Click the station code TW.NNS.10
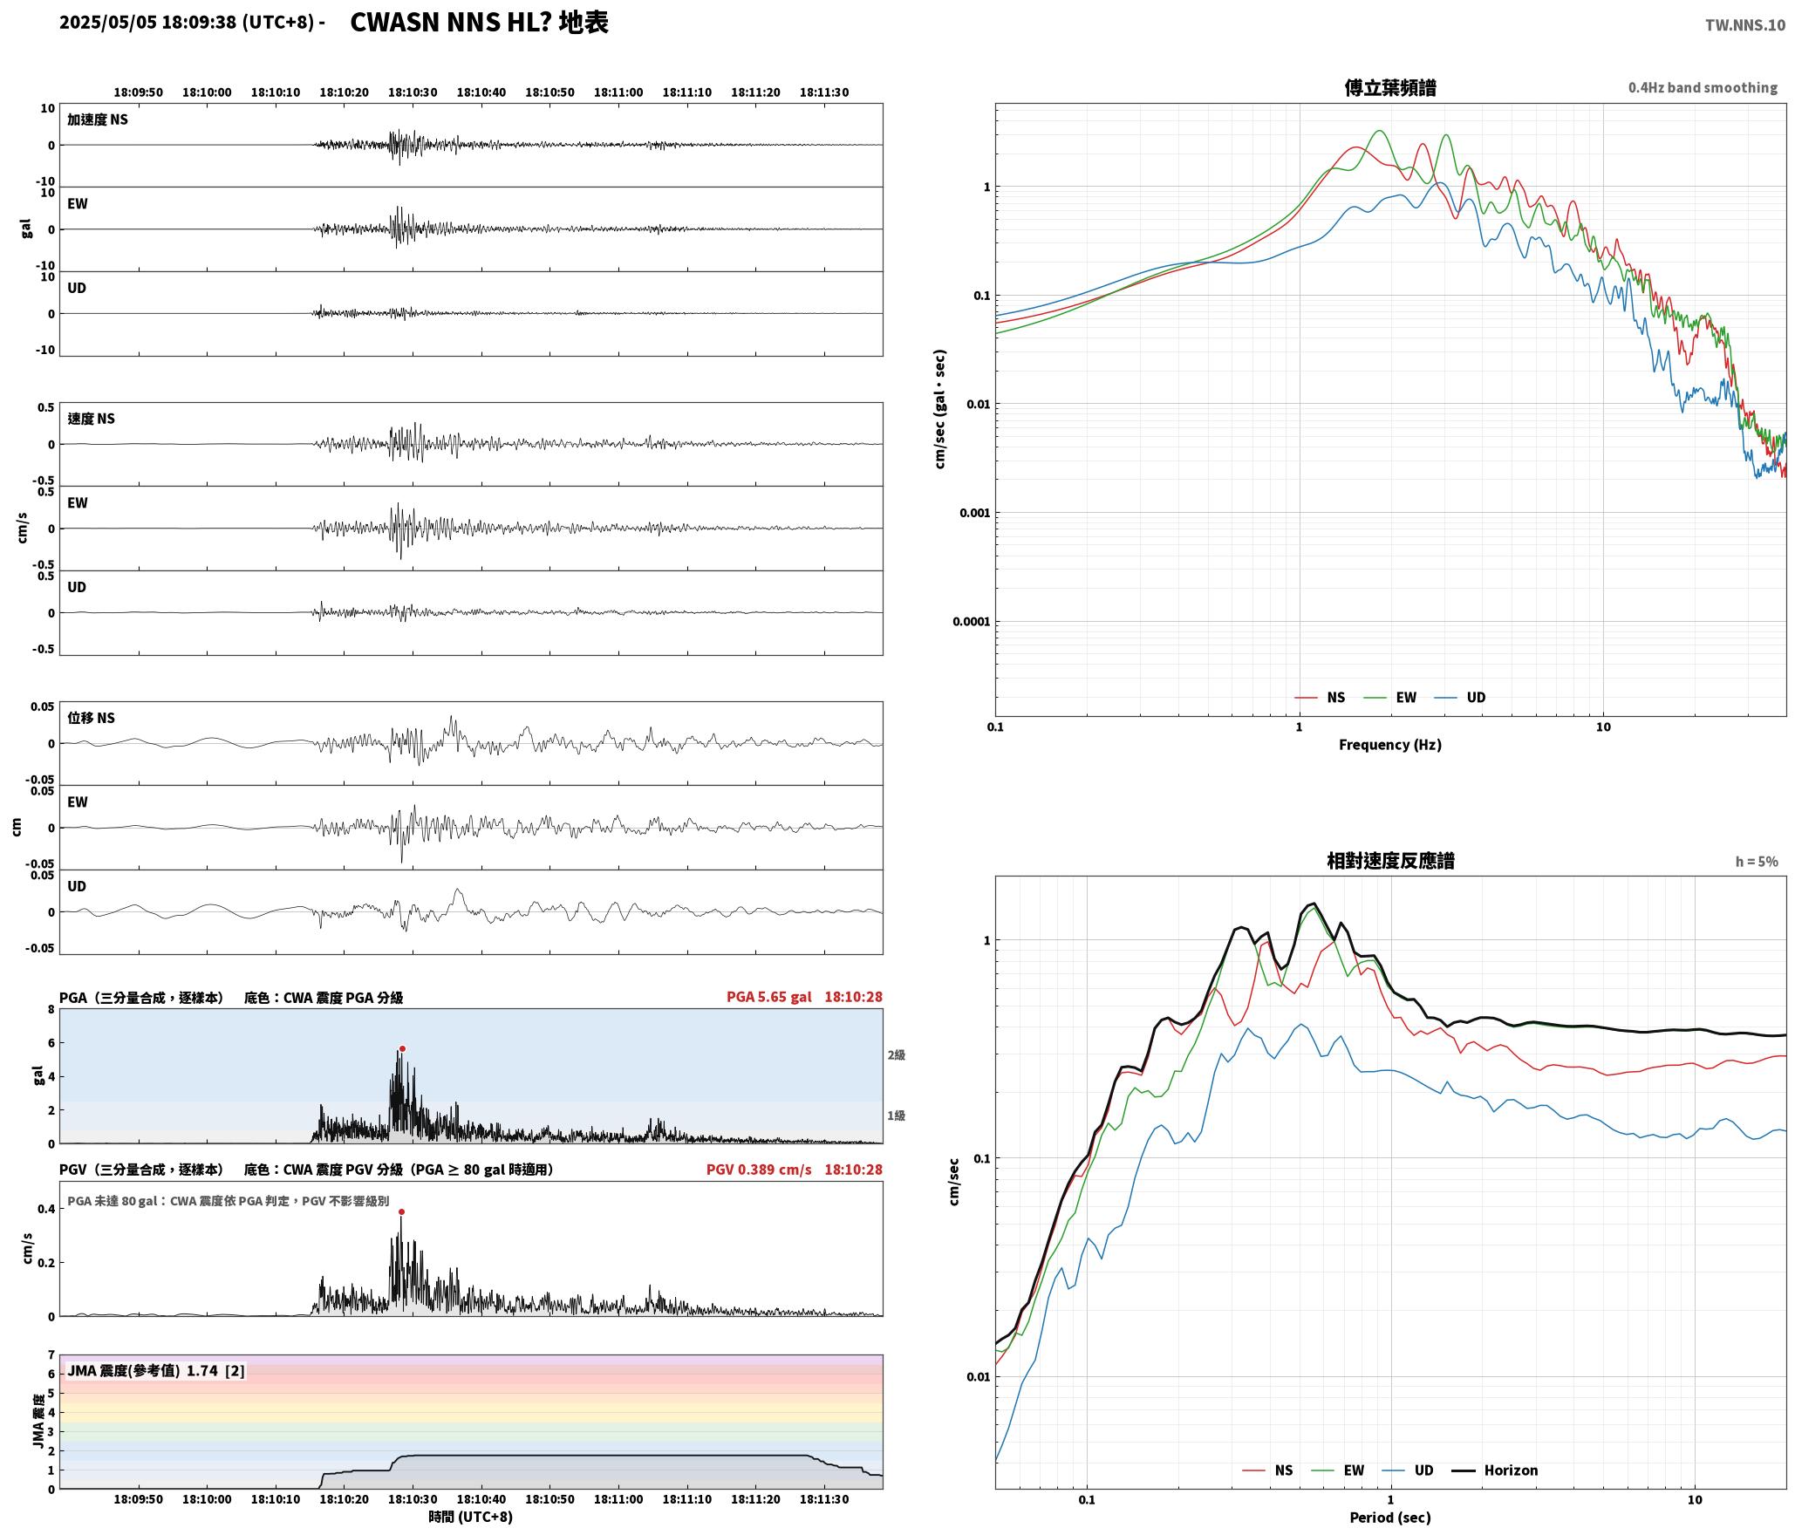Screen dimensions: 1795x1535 [1745, 25]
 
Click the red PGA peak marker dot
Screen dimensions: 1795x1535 [402, 1048]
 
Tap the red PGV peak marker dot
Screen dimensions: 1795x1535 [401, 1211]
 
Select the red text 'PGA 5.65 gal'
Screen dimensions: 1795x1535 [768, 997]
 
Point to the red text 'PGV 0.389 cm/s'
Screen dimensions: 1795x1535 [759, 1170]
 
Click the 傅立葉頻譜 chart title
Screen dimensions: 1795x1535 [1389, 88]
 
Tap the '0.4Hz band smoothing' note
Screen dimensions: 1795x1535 [1703, 88]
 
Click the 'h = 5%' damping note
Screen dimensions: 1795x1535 [1757, 862]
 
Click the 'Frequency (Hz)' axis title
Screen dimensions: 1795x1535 [1389, 745]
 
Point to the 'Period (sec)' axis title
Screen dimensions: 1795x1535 [1389, 1518]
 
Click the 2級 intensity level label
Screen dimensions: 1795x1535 [897, 1055]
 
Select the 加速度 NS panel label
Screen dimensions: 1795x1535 [98, 120]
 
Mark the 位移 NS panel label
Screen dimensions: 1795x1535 [91, 719]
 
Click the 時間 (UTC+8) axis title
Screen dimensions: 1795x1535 [470, 1517]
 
